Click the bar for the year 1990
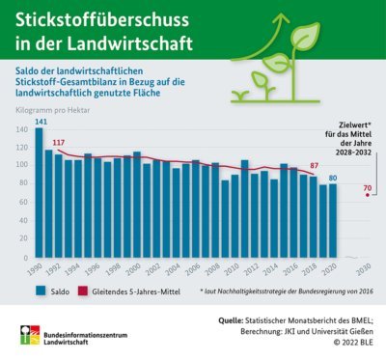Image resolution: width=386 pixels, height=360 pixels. pos(39,198)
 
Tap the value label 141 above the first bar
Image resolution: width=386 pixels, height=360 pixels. pos(39,122)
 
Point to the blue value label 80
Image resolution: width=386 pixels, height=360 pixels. pos(333,178)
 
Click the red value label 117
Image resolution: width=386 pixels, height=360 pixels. pos(59,143)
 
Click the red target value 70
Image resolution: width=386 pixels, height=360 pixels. pos(368,187)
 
